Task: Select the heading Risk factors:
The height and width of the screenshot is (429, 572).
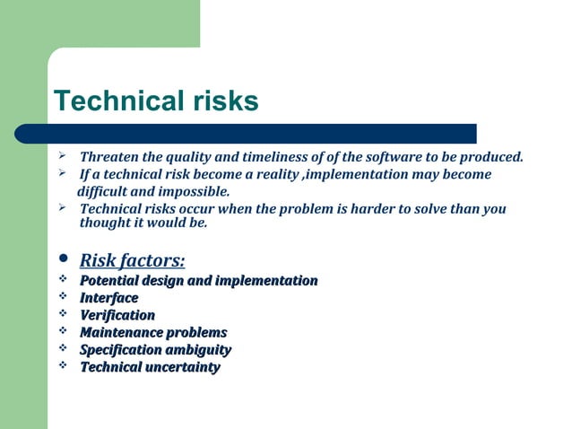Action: pos(133,261)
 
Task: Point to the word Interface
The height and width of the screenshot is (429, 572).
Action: pos(109,298)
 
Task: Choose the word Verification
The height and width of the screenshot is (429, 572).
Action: pos(117,315)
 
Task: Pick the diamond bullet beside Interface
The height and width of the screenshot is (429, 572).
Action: pos(63,297)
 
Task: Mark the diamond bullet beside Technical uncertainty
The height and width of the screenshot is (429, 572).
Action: pos(63,365)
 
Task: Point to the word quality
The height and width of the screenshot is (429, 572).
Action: pos(196,158)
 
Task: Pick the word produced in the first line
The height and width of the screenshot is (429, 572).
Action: pos(492,158)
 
